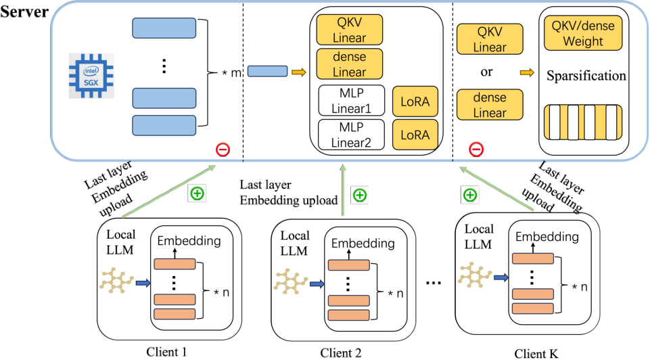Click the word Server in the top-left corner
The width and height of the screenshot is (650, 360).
click(24, 12)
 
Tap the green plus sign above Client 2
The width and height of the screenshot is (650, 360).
click(360, 196)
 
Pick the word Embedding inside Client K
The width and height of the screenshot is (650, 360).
click(547, 237)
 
